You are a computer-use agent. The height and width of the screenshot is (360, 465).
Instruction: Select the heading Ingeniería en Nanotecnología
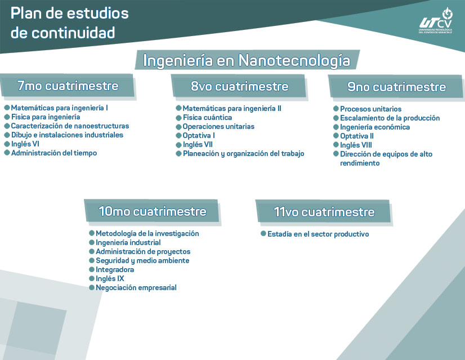coord(247,60)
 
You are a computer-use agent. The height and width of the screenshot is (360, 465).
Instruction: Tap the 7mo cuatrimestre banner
coord(68,86)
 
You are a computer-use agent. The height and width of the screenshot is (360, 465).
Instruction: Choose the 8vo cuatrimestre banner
coord(239,87)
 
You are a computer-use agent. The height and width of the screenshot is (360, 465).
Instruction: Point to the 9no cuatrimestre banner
coord(396,87)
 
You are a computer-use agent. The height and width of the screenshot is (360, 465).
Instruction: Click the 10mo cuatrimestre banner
coord(152,212)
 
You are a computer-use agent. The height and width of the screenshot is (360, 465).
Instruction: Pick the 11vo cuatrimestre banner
coord(324,212)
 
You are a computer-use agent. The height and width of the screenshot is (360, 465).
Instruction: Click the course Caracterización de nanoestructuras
coord(70,126)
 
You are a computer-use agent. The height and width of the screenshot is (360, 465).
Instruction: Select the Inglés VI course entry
coord(25,144)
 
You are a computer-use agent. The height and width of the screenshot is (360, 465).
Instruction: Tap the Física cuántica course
coord(207,118)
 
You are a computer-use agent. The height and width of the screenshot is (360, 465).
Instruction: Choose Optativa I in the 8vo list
coord(199,135)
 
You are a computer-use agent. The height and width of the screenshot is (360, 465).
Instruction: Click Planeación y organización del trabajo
coord(243,153)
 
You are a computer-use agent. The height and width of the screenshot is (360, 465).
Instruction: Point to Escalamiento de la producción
coord(390,118)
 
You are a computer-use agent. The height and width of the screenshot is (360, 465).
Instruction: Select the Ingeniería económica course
coord(375,127)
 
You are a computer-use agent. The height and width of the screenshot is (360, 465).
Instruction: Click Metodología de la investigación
coord(147,233)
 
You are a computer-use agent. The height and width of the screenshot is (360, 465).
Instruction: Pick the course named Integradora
coord(115,269)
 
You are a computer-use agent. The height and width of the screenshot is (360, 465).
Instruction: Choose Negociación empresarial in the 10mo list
coord(136,287)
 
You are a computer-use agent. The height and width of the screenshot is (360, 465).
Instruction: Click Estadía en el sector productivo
coord(318,234)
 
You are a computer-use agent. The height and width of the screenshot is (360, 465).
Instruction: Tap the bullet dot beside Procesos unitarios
coord(336,109)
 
